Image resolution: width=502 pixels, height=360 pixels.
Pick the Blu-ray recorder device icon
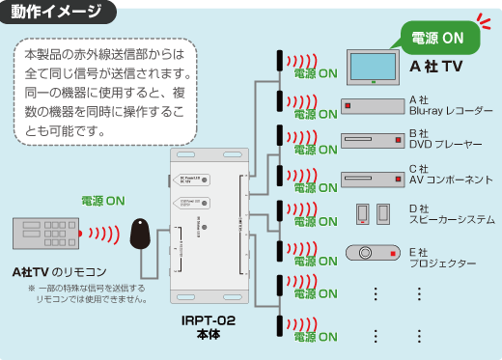pyautogui.click(x=371, y=105)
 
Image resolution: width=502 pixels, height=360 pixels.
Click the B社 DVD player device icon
pyautogui.click(x=371, y=142)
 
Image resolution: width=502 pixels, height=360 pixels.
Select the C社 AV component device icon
pyautogui.click(x=371, y=179)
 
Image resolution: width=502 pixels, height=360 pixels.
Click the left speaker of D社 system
pyautogui.click(x=362, y=213)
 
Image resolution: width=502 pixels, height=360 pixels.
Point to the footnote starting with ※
pyautogui.click(x=88, y=293)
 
